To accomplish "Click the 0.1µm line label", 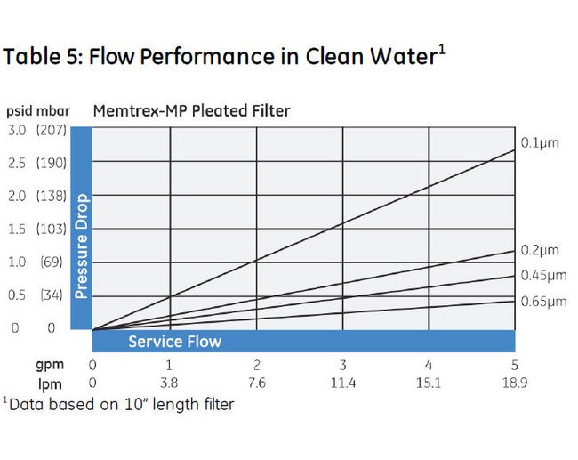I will point(541,143).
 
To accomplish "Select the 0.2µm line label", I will point(541,250).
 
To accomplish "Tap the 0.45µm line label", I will point(543,275).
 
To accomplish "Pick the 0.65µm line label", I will point(543,302).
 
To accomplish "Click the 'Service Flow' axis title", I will point(174,342).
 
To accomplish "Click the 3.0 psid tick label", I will point(17,131).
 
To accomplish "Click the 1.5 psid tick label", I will point(17,230).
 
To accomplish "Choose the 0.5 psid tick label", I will point(17,295).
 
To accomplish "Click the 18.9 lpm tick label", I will point(514,383).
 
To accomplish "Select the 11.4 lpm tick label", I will point(342,383).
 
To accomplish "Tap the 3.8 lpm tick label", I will point(170,383).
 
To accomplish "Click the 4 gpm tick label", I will point(429,366).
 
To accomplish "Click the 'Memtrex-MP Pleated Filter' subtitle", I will point(192,111).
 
